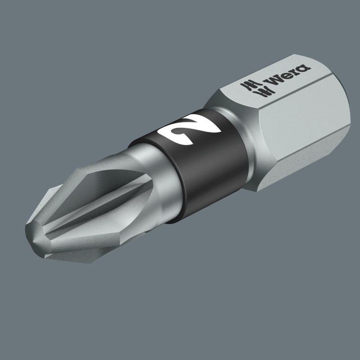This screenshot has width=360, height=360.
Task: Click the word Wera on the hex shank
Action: point(288,75)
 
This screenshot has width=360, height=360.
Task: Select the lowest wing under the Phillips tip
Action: point(90,252)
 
